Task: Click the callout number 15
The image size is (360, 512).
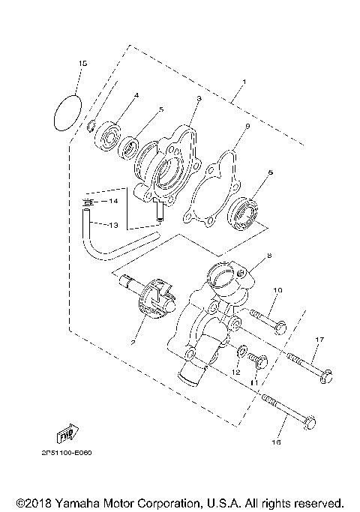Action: [82, 64]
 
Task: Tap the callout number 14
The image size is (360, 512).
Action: [114, 202]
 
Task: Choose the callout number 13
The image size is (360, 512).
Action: [114, 225]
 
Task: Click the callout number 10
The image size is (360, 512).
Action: [277, 289]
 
